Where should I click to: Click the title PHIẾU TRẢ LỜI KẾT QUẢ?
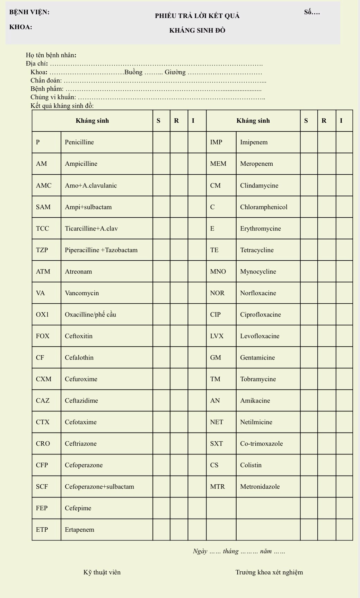click(x=197, y=16)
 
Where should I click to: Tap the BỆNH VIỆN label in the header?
click(x=29, y=12)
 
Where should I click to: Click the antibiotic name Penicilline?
click(x=79, y=142)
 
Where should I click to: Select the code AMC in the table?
click(x=44, y=185)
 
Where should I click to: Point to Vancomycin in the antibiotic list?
click(x=82, y=293)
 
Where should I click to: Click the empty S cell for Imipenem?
click(x=309, y=142)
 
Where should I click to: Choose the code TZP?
click(x=42, y=250)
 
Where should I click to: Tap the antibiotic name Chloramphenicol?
click(x=264, y=207)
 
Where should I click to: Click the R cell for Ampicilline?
click(x=179, y=164)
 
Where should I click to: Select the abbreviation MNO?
click(x=218, y=271)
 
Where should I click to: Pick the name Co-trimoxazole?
click(x=261, y=443)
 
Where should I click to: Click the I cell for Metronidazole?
click(x=344, y=486)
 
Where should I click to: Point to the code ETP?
click(x=42, y=529)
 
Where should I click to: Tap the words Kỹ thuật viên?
click(x=102, y=572)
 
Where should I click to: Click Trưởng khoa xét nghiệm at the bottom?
click(x=269, y=572)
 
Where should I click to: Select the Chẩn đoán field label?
click(x=46, y=80)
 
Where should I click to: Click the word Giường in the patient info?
click(x=175, y=72)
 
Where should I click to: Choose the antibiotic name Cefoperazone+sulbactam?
click(x=99, y=486)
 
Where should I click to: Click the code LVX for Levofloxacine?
click(x=217, y=336)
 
